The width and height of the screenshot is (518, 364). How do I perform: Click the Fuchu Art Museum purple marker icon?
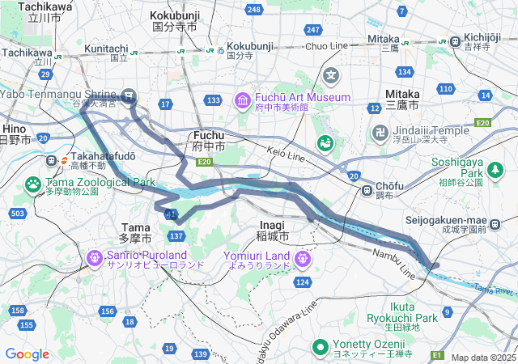click(242, 100)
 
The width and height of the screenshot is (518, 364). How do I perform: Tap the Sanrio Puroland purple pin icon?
click(94, 259)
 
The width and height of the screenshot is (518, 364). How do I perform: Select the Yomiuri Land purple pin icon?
click(303, 259)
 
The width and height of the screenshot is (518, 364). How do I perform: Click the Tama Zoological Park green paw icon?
click(33, 185)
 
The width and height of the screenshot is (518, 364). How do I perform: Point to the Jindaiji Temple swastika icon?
click(380, 132)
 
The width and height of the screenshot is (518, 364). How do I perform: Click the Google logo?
click(27, 353)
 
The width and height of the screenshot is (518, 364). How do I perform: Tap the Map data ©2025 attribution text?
click(483, 358)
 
